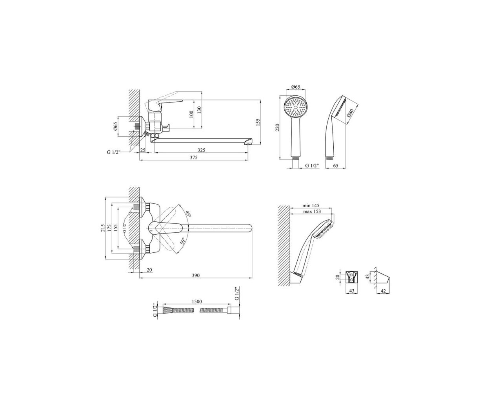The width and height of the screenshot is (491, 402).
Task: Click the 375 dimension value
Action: pos(193,157)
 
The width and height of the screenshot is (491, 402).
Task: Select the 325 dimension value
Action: pos(201,150)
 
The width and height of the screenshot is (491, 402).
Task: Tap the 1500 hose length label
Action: pos(196,301)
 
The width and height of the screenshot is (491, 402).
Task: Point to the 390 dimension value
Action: pos(196,276)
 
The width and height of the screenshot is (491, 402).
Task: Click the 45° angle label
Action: pos(188,214)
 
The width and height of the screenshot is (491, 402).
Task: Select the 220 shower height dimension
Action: pos(277,128)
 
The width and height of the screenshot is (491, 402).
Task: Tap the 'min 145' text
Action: pos(311,206)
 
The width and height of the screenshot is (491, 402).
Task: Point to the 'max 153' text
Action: pos(312,211)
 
